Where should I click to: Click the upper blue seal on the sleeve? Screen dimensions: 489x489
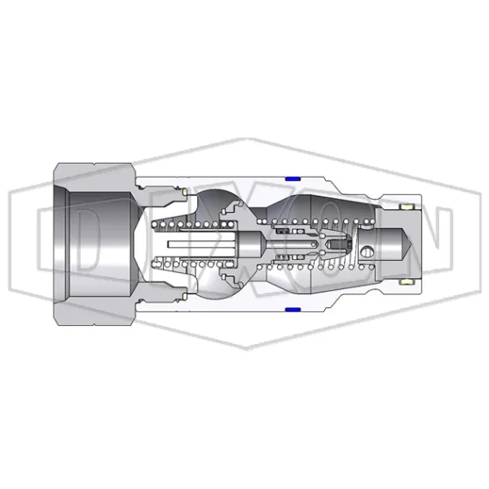pos(292,178)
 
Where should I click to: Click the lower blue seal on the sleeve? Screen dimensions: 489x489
pos(292,308)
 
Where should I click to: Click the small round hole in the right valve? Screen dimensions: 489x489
pos(368,252)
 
